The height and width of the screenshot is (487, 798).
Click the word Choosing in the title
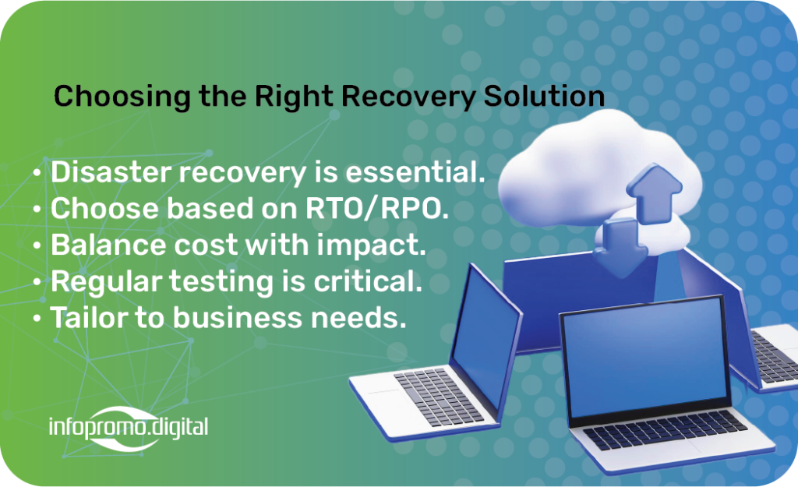122,97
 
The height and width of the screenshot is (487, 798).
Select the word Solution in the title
544,96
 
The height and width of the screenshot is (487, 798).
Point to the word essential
415,171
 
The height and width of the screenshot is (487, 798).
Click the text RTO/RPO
376,209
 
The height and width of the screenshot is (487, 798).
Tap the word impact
372,245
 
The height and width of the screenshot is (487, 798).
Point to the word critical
368,281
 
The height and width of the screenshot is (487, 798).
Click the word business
238,318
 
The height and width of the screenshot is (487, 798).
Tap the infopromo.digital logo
129,428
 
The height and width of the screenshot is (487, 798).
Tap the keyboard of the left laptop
438,396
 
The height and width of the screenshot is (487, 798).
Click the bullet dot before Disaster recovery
37,172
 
